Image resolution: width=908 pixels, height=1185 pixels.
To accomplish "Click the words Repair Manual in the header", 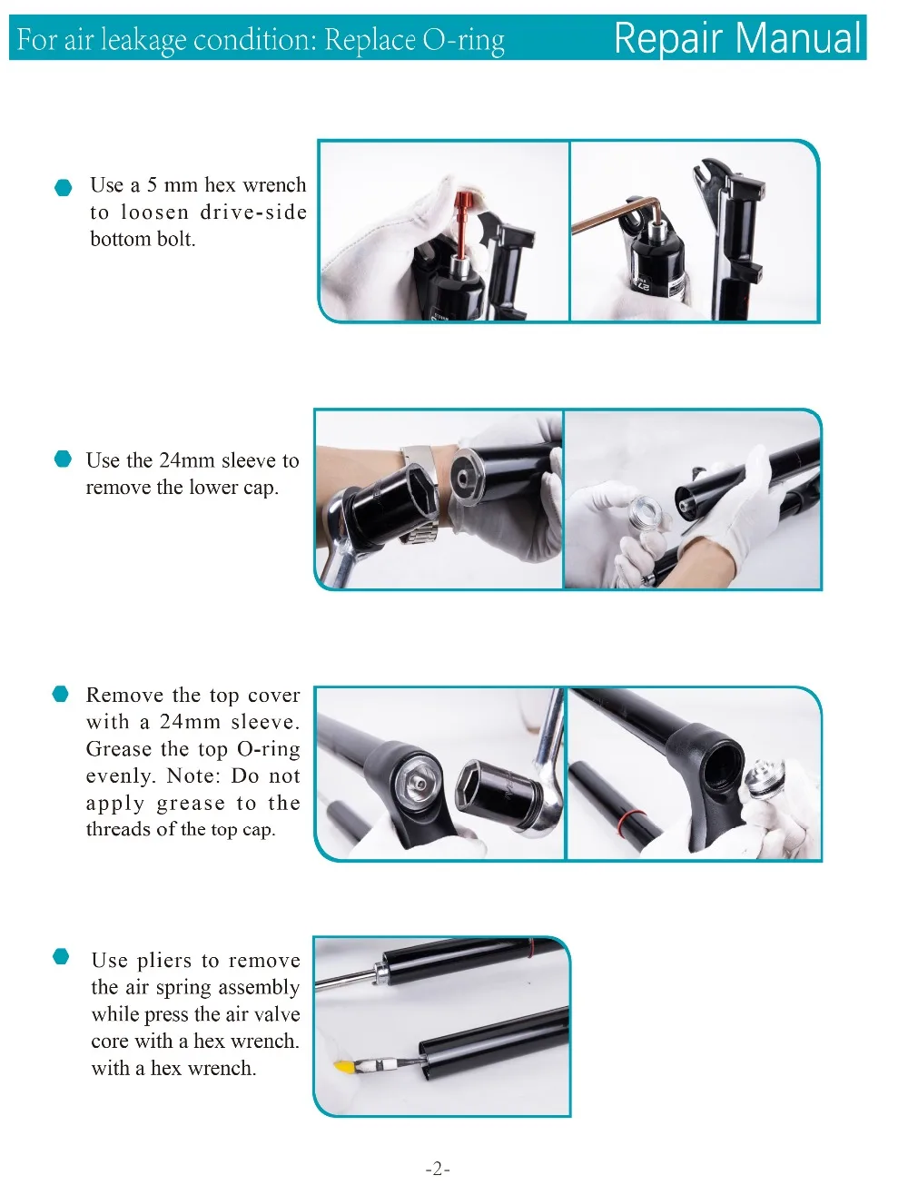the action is click(x=736, y=38).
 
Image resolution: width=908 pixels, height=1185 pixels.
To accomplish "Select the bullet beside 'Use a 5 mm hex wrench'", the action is click(x=64, y=188).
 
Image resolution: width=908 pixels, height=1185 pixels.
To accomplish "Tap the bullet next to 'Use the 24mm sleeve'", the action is click(x=63, y=459).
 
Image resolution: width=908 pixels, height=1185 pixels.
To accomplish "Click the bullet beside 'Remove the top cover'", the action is click(x=61, y=695).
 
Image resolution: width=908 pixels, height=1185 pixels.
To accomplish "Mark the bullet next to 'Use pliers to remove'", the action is click(x=61, y=956).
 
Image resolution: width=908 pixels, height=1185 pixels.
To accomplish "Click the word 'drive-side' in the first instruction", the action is click(x=253, y=212).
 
